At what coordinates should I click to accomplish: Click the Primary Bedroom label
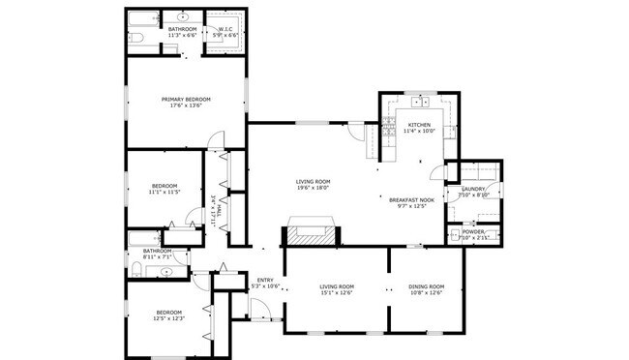(185, 99)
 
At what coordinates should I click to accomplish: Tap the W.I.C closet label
(225, 29)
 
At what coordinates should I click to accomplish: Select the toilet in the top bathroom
(136, 37)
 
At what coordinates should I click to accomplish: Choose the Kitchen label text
(419, 125)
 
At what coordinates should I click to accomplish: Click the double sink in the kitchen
(420, 102)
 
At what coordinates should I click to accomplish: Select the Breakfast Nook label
(411, 199)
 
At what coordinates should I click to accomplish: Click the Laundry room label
(474, 189)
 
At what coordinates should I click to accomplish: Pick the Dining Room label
(426, 286)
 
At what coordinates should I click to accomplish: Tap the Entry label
(265, 281)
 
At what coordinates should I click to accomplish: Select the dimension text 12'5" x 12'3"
(169, 318)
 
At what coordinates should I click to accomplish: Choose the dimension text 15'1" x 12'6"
(337, 293)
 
